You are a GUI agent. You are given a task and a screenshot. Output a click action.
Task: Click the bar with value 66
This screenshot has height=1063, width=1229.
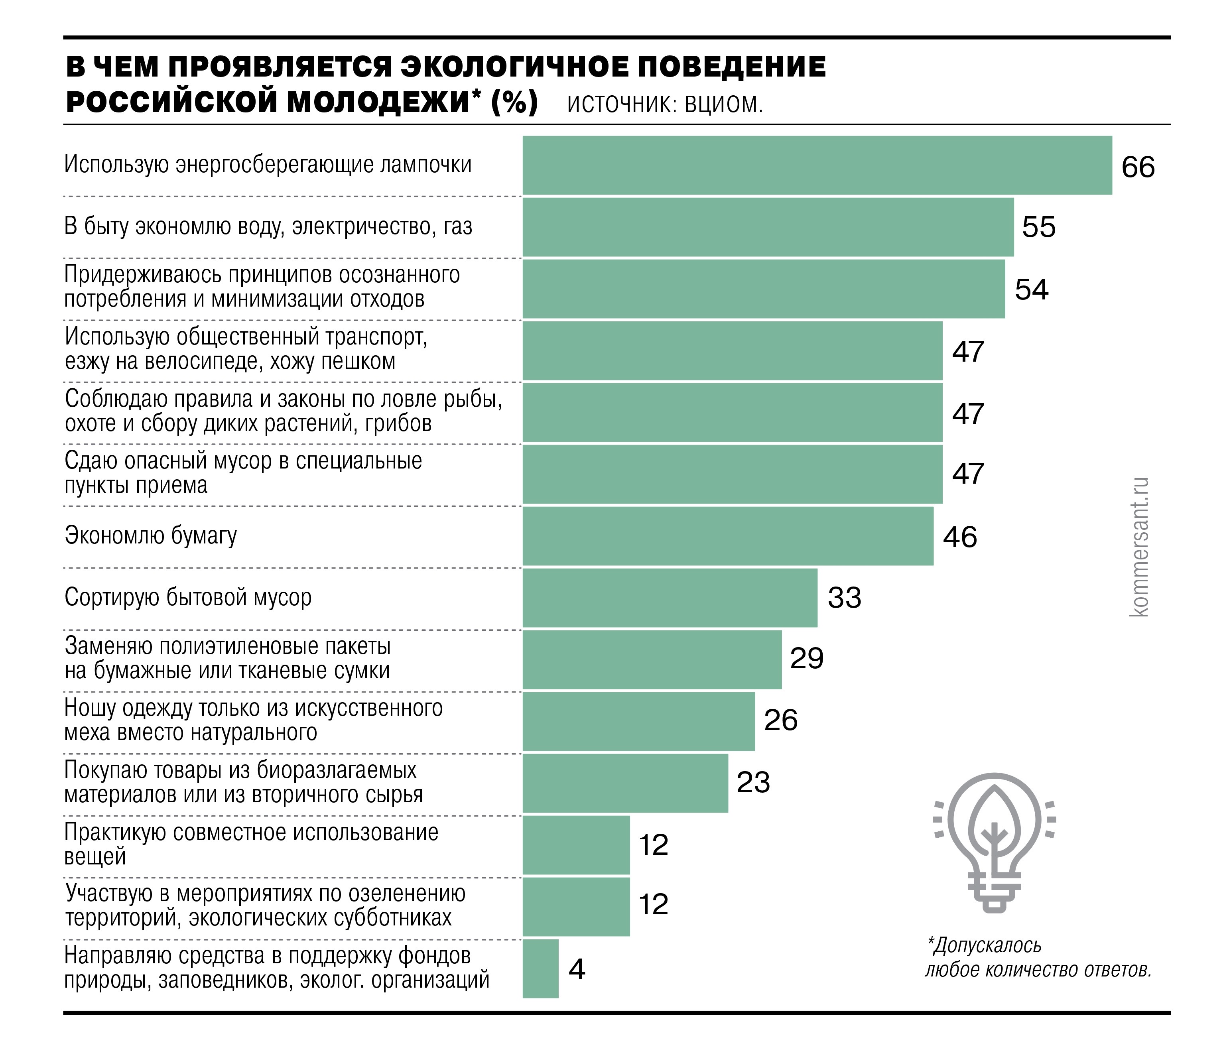[817, 165]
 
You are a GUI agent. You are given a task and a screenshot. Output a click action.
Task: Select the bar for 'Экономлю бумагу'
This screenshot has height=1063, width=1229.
[728, 536]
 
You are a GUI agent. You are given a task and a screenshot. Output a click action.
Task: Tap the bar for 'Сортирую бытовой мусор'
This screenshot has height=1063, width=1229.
[670, 598]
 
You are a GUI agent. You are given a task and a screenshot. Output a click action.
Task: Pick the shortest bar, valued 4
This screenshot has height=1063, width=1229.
[540, 969]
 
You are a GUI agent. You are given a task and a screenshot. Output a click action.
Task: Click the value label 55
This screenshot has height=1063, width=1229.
[1039, 227]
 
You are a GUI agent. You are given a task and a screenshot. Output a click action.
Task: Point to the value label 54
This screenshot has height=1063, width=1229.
[1032, 289]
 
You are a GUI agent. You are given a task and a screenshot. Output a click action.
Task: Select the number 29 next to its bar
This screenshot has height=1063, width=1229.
[807, 658]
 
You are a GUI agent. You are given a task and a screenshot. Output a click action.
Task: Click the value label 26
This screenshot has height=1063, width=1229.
[780, 720]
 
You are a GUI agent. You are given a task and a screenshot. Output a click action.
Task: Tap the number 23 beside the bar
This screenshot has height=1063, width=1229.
[753, 782]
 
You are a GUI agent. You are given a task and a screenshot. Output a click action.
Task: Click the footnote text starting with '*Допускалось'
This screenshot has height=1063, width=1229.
[1038, 957]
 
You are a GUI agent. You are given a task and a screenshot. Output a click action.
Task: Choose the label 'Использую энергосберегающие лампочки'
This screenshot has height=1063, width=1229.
[268, 164]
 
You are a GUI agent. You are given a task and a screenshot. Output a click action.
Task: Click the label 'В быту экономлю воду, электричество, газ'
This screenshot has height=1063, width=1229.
[268, 226]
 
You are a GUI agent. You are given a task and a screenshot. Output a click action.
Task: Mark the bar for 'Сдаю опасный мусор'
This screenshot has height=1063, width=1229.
[732, 474]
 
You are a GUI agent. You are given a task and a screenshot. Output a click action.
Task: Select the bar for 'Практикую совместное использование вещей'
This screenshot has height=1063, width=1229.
[576, 845]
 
